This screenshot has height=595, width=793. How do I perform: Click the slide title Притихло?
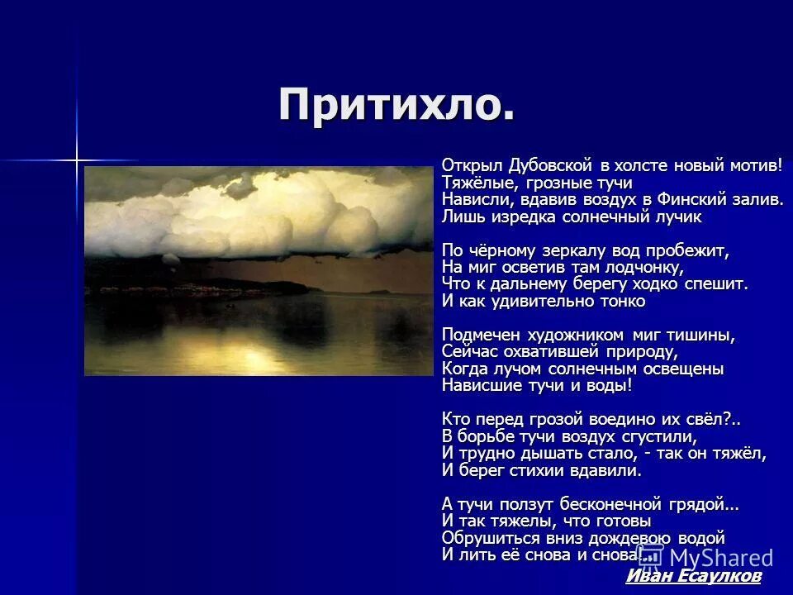396,106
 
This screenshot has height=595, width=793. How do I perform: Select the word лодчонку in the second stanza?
639,267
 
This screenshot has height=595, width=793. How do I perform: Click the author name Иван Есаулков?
693,576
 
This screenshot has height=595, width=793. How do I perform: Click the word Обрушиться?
487,537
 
